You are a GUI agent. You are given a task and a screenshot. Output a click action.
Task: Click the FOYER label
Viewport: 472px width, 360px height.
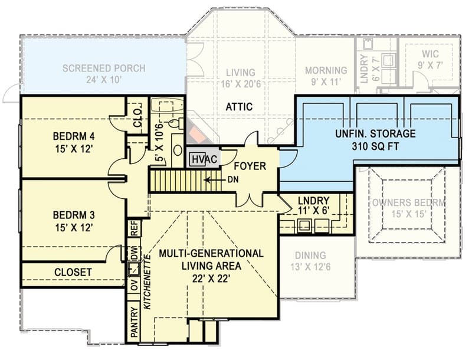[x=250, y=166]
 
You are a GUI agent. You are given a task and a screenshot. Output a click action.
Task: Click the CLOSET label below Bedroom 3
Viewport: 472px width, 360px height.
[x=73, y=272]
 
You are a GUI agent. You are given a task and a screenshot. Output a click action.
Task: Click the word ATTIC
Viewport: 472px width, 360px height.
[x=240, y=107]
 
